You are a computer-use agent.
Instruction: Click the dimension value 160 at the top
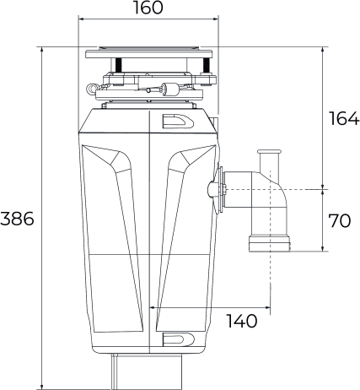[148, 8]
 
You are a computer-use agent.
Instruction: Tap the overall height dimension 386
[17, 219]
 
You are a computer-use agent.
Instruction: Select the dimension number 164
[344, 118]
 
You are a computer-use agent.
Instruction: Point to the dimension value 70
[340, 220]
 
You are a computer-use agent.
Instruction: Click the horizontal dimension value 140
[242, 321]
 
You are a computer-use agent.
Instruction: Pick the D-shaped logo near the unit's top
[178, 122]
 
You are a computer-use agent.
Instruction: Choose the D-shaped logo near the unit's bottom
[178, 339]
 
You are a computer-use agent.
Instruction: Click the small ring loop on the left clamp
[91, 89]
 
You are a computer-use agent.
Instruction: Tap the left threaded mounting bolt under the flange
[118, 65]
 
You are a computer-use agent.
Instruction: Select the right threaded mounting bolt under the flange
[207, 65]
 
